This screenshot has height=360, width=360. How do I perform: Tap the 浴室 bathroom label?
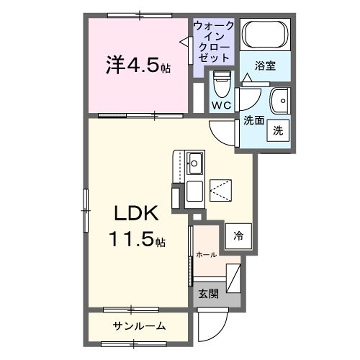point(265,65)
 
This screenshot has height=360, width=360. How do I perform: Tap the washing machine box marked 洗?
point(279,130)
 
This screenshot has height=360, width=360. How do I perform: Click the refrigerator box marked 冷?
point(238,236)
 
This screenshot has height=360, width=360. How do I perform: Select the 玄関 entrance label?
point(207,294)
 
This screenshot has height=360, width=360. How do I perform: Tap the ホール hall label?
point(206,255)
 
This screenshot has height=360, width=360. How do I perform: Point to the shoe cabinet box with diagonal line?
point(234,276)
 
